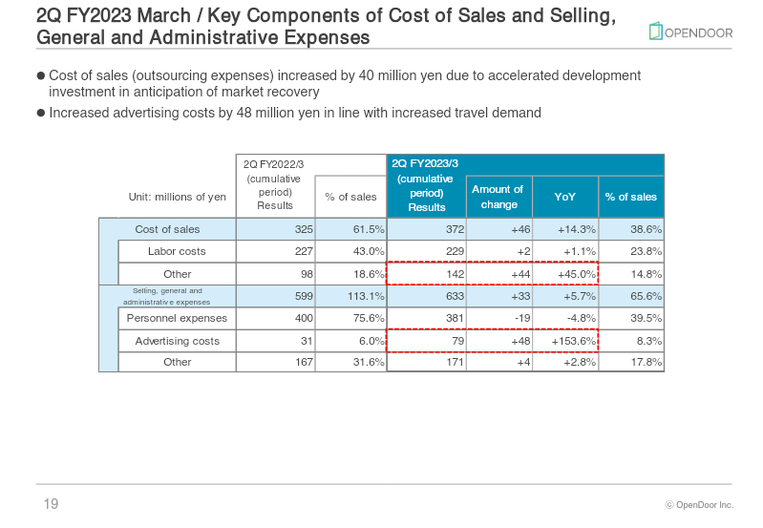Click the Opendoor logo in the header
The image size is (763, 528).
point(690,32)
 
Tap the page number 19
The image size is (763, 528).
point(51,504)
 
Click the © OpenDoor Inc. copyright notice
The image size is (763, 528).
point(699,505)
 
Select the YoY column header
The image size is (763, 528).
point(565,197)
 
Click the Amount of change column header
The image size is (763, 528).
point(498,197)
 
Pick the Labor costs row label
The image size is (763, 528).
point(177,251)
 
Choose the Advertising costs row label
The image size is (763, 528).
point(177,341)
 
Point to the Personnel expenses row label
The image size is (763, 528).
point(177,318)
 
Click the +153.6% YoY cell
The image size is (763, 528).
point(573,341)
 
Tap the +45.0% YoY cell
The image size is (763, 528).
point(577,274)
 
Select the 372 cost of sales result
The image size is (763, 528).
point(455,229)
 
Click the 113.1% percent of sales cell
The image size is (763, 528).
point(366,296)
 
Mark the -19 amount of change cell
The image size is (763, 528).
point(522,318)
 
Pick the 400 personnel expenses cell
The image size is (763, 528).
point(304,318)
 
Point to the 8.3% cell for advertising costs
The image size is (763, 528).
point(649,341)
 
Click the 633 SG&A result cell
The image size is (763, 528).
point(455,296)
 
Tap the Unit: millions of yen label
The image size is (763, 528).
point(177,197)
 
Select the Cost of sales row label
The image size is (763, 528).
point(167,229)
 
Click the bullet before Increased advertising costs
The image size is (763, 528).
point(41,113)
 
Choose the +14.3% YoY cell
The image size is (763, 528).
point(577,229)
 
